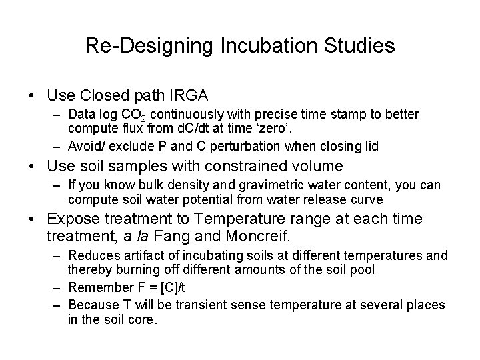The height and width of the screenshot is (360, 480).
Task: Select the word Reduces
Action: [x=91, y=256]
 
